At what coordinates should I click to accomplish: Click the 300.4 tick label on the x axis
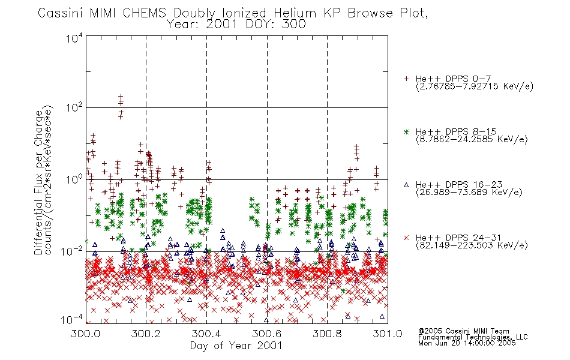pyautogui.click(x=206, y=334)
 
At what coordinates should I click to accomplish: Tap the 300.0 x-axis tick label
pyautogui.click(x=86, y=334)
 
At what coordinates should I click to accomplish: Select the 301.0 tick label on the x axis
pyautogui.click(x=388, y=334)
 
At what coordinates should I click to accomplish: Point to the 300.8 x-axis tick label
pyautogui.click(x=327, y=334)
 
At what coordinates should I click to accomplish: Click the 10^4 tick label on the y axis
pyautogui.click(x=74, y=38)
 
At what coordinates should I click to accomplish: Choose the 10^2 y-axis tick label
pyautogui.click(x=74, y=107)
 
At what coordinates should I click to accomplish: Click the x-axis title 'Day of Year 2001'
pyautogui.click(x=236, y=346)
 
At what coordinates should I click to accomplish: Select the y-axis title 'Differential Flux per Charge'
pyautogui.click(x=39, y=182)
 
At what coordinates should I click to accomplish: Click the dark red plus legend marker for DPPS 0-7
pyautogui.click(x=406, y=79)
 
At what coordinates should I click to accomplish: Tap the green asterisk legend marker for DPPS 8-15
pyautogui.click(x=406, y=131)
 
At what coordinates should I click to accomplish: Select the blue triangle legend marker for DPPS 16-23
pyautogui.click(x=406, y=185)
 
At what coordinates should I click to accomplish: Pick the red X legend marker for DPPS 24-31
pyautogui.click(x=406, y=238)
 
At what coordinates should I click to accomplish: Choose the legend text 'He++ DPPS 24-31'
pyautogui.click(x=458, y=238)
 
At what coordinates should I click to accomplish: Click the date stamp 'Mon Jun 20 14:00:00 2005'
pyautogui.click(x=467, y=343)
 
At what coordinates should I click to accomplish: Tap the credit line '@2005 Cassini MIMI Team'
pyautogui.click(x=463, y=331)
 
